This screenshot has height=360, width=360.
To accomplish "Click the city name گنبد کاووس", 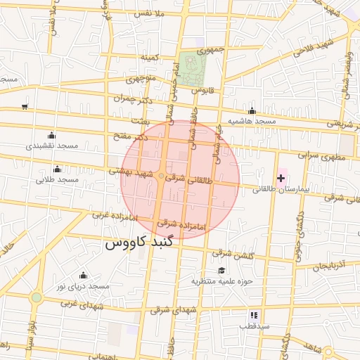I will tap(134, 245).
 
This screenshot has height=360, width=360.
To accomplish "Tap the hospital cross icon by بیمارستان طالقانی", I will tap(281, 178).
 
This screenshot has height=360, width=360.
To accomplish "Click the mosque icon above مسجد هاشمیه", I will tap(252, 111).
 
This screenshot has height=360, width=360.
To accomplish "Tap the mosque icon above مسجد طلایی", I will tap(57, 169).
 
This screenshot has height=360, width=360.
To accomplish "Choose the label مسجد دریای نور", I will tap(84, 287).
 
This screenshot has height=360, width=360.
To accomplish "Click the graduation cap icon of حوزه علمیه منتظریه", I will tap(222, 271).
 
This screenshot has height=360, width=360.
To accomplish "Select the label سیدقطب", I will tap(254, 327).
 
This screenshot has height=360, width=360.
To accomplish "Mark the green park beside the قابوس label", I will tap(188, 68).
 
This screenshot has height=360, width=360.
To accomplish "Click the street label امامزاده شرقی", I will tap(180, 224).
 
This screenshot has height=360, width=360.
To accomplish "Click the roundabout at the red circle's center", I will tap(162, 176).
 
